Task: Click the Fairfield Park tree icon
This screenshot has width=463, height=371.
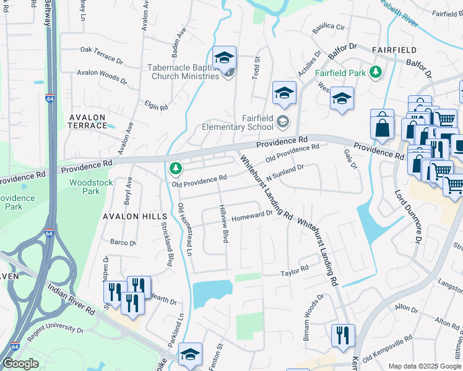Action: [x=374, y=72]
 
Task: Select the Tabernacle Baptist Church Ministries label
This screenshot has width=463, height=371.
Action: [x=184, y=72]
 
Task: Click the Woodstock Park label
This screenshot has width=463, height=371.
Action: [x=85, y=187]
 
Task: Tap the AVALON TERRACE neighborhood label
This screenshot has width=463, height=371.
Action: [x=88, y=121]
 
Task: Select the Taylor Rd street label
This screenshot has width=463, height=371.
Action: [x=295, y=271]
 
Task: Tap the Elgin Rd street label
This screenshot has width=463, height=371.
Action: [x=156, y=106]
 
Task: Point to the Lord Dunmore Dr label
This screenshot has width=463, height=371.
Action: [x=409, y=216]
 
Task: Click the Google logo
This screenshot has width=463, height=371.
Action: [x=21, y=363]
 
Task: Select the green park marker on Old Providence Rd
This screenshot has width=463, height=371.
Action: [x=176, y=168]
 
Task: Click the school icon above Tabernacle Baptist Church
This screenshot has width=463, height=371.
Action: [x=224, y=58]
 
